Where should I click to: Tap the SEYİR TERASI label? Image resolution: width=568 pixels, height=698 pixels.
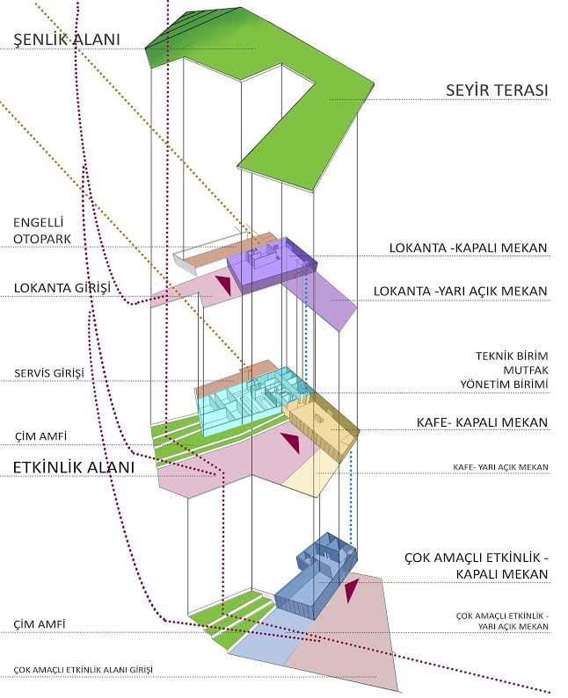point(497,90)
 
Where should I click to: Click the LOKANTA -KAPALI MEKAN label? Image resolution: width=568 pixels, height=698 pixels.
point(469,248)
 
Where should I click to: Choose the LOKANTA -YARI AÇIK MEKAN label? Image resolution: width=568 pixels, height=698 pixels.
point(461,291)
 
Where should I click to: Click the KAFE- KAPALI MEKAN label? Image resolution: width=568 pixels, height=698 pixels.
point(482,422)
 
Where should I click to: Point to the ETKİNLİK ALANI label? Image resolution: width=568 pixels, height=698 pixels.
point(73,467)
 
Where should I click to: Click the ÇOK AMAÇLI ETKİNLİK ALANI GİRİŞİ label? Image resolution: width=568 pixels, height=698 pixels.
point(84,670)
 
